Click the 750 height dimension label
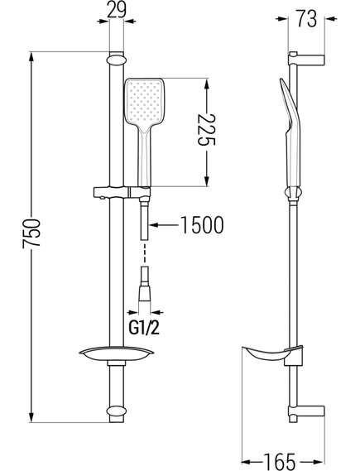[x=31, y=233]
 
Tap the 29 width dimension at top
[x=116, y=10]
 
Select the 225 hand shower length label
[x=207, y=129]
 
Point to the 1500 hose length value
[x=203, y=224]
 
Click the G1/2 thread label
[x=144, y=328]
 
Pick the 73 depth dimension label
[x=306, y=18]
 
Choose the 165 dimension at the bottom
[x=279, y=461]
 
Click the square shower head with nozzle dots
[x=144, y=102]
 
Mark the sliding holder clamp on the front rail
[x=122, y=192]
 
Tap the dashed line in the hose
[x=145, y=253]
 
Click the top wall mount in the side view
[x=306, y=59]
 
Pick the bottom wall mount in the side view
[x=306, y=414]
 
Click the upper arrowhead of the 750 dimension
[x=31, y=58]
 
